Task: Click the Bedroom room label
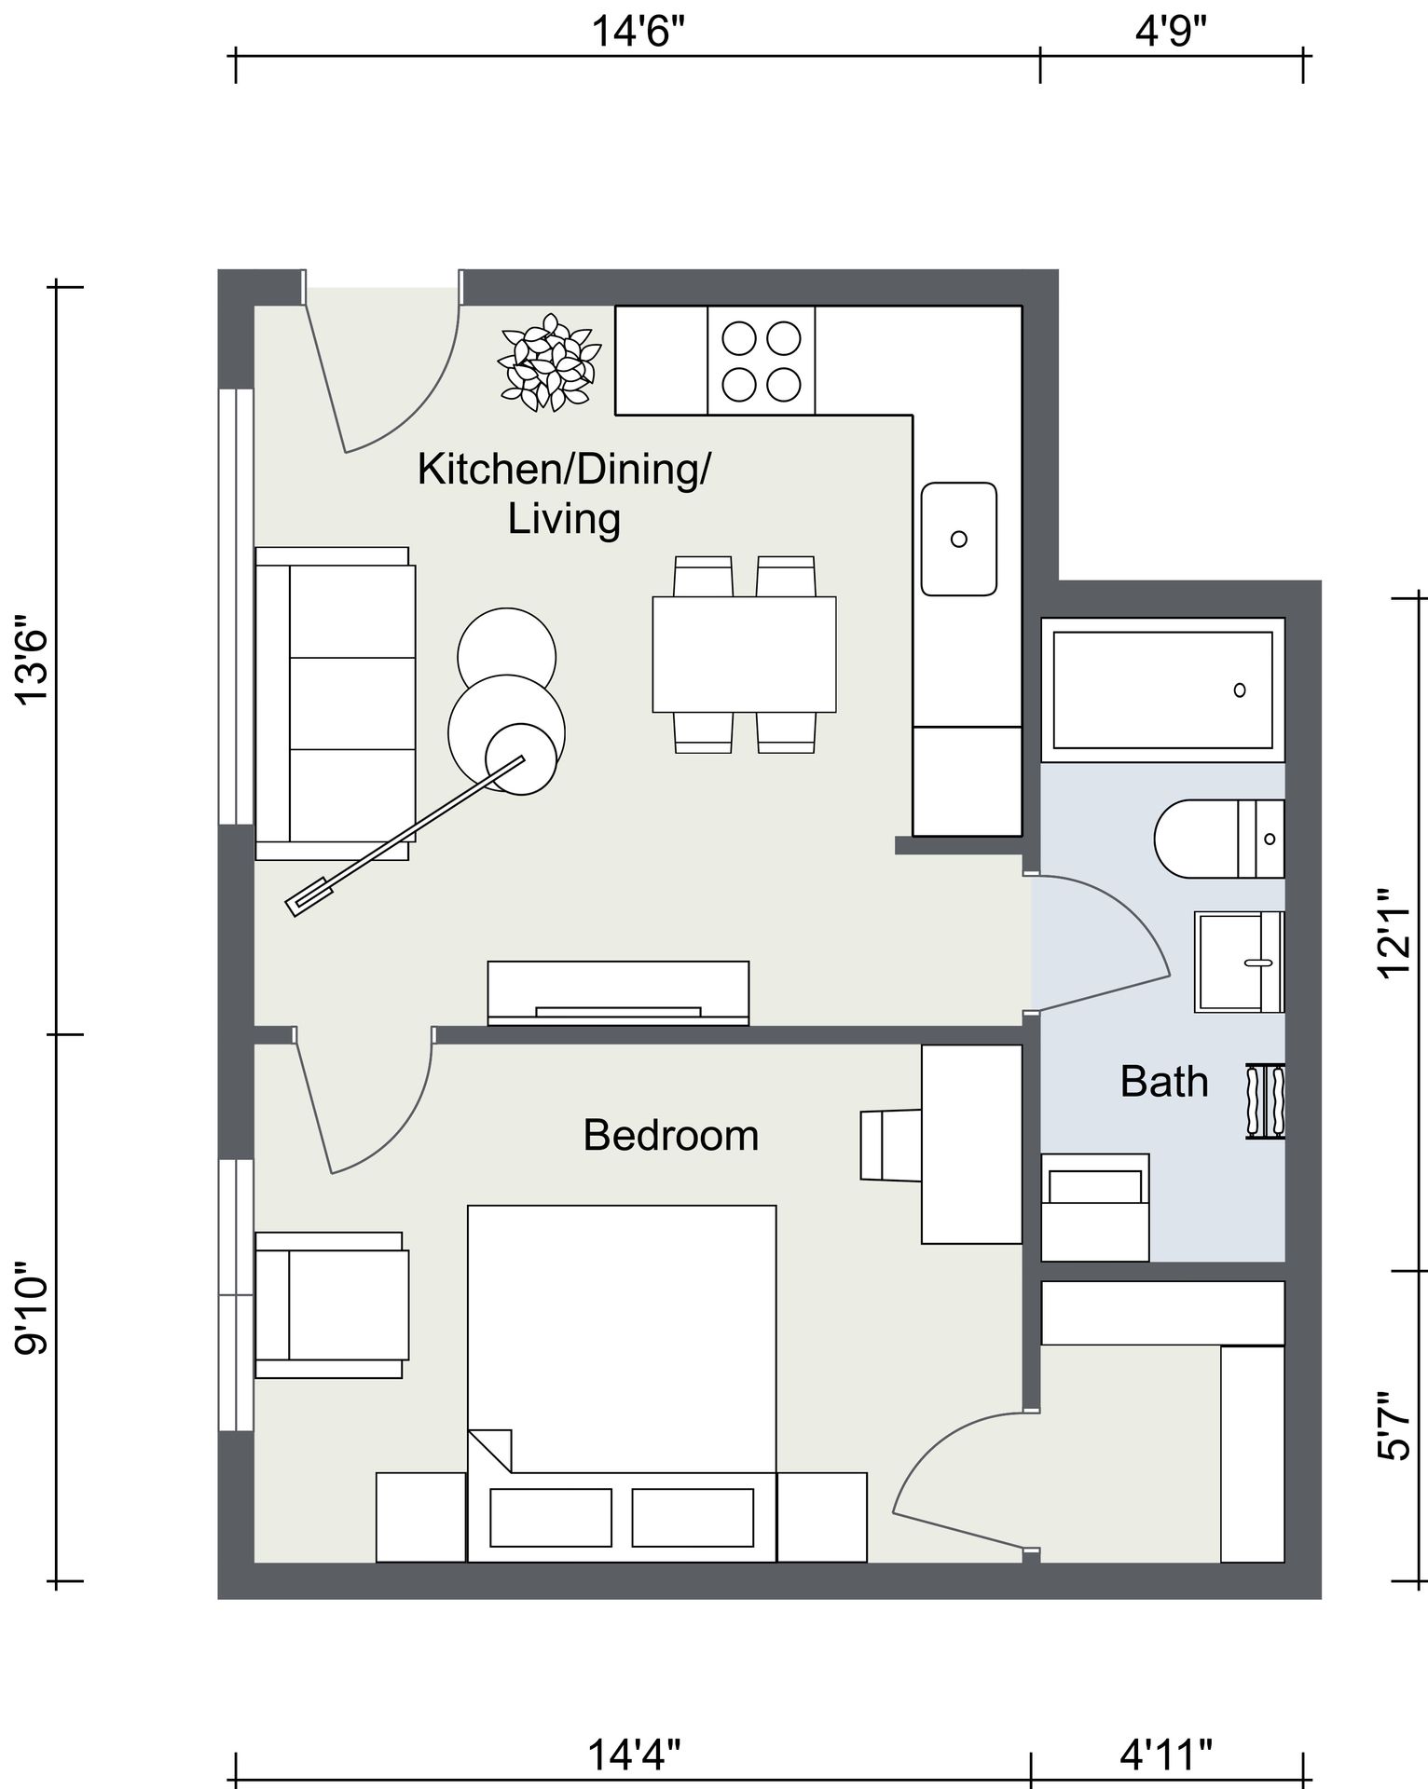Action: pyautogui.click(x=670, y=1136)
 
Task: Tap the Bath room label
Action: pyautogui.click(x=1164, y=1082)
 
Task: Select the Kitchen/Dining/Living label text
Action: pyautogui.click(x=563, y=493)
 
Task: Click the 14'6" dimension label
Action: pyautogui.click(x=638, y=34)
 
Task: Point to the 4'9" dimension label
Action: pyautogui.click(x=1172, y=34)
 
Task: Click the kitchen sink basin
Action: pyautogui.click(x=959, y=539)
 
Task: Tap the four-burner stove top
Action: pyautogui.click(x=762, y=361)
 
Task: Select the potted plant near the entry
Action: pyautogui.click(x=549, y=362)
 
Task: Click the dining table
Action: pyautogui.click(x=744, y=654)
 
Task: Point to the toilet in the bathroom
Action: pyautogui.click(x=1219, y=839)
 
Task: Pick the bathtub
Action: pyautogui.click(x=1163, y=690)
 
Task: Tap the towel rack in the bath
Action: pyautogui.click(x=1265, y=1100)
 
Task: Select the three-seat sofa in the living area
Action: pyautogui.click(x=336, y=703)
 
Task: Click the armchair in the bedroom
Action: pyautogui.click(x=332, y=1304)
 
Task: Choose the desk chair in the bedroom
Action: pyautogui.click(x=891, y=1145)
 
